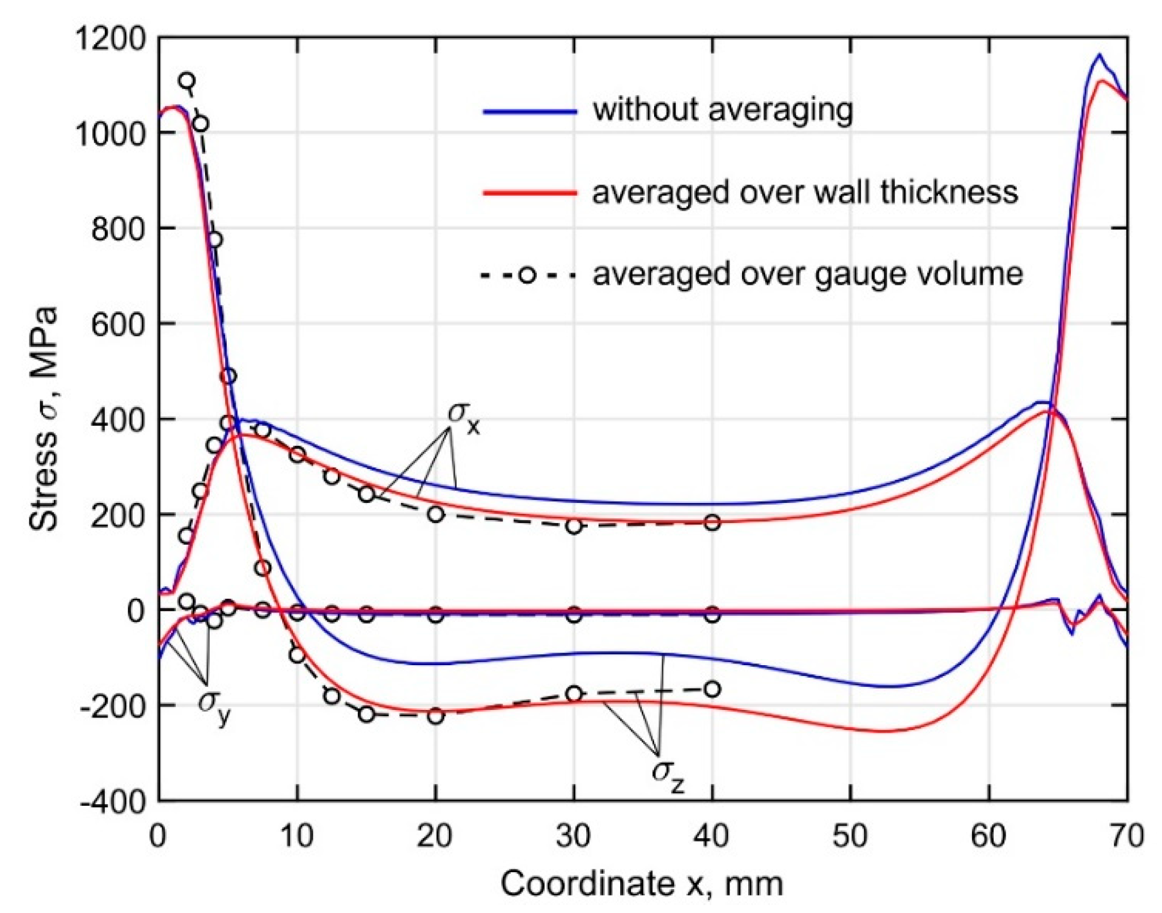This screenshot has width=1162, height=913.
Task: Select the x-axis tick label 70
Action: (x=1125, y=836)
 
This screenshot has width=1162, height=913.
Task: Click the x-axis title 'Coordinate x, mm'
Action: (x=641, y=884)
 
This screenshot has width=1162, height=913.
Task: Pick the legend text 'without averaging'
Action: (x=723, y=110)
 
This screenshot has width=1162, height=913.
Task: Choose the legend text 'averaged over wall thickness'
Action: (x=805, y=193)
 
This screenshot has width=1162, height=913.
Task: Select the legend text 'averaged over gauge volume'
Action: (x=808, y=275)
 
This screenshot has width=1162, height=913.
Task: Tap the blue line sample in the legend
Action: (x=529, y=111)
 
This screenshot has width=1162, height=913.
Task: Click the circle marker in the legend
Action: (x=528, y=276)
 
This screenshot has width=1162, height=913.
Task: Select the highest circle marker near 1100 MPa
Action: (x=187, y=81)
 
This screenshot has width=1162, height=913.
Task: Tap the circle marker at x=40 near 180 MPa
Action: (x=713, y=523)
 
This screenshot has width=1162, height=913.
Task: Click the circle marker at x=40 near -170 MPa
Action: (x=713, y=690)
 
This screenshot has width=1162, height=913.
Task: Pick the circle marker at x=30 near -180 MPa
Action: (x=574, y=694)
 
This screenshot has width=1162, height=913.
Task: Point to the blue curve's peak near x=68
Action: (x=1099, y=55)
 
